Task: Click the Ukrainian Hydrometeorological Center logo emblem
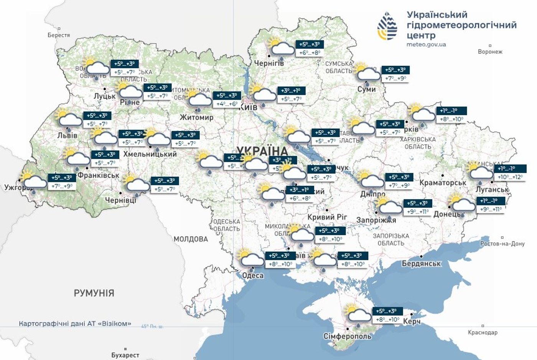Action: (x=387, y=26)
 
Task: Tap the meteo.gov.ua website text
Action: (x=426, y=45)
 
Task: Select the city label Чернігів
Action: (x=269, y=63)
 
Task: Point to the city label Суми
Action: (x=366, y=89)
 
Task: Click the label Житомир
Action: (x=196, y=117)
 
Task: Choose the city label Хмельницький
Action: (x=150, y=154)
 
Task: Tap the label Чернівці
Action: (x=120, y=200)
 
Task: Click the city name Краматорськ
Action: (x=443, y=183)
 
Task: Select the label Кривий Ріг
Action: (x=327, y=217)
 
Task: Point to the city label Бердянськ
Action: (x=421, y=263)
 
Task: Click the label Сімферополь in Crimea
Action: (x=348, y=336)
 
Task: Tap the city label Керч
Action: (x=412, y=322)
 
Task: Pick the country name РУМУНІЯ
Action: (x=94, y=293)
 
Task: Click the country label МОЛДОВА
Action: (x=191, y=239)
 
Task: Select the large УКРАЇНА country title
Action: (x=262, y=151)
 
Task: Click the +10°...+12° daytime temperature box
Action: (x=510, y=177)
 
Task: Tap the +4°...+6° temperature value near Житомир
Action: (x=227, y=104)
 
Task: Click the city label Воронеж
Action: (x=490, y=51)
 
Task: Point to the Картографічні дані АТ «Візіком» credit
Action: (x=75, y=324)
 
